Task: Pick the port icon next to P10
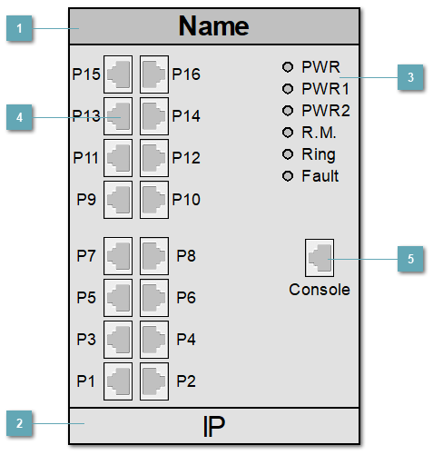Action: click(153, 198)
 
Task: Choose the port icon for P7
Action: click(119, 255)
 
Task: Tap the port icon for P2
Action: click(153, 380)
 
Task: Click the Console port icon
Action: click(320, 257)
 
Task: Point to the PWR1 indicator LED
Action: click(289, 89)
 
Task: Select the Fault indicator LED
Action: click(289, 175)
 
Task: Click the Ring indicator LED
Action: click(289, 153)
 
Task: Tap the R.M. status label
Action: click(320, 133)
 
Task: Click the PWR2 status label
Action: click(326, 111)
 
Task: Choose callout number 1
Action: click(19, 30)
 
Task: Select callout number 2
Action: click(19, 423)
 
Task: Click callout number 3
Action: click(410, 78)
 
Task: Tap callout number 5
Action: click(410, 259)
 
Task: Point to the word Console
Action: click(320, 290)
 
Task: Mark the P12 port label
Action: click(186, 157)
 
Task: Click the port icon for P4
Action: click(153, 338)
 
